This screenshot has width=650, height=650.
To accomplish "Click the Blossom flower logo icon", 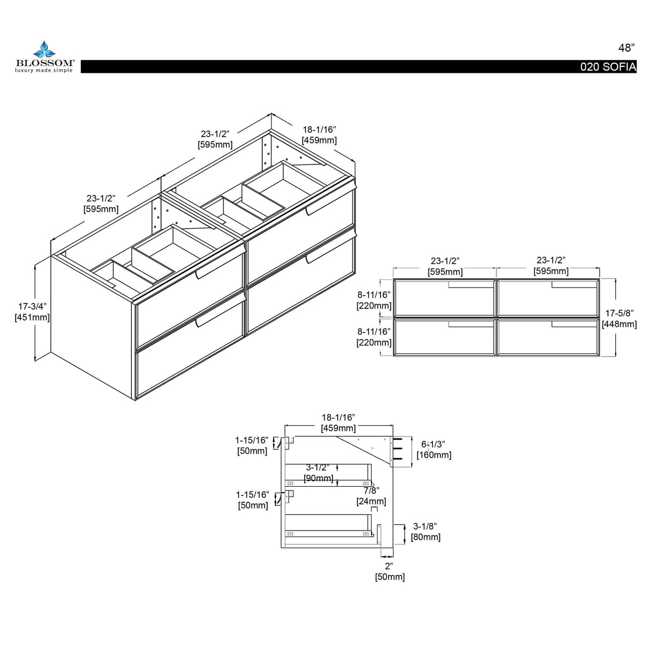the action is (x=44, y=50).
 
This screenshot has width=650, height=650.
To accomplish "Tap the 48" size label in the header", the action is (x=626, y=48).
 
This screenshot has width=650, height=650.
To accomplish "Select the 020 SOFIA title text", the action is (x=608, y=67).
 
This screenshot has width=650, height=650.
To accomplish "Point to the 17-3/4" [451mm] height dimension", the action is (x=32, y=312).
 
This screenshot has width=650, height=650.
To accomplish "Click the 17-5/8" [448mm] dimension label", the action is (x=619, y=319).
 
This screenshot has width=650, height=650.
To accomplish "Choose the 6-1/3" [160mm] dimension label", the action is (x=434, y=450).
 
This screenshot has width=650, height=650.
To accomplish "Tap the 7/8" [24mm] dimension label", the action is (x=372, y=495).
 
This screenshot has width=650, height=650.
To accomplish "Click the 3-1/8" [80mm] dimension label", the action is (x=425, y=531).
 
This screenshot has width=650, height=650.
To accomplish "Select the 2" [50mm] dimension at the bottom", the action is (x=390, y=571).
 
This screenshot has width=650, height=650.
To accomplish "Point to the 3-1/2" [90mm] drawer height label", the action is (x=318, y=473).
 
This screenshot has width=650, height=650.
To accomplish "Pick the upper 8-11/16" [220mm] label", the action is (x=374, y=300).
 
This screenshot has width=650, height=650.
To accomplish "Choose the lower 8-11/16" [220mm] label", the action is (x=374, y=337).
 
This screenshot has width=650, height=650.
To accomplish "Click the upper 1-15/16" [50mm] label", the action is (x=252, y=445).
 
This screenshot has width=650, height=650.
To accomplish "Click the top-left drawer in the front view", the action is (x=444, y=298).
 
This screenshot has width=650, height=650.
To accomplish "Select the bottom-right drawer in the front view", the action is (x=548, y=337).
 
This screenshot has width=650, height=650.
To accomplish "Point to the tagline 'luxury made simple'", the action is (x=44, y=70).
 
